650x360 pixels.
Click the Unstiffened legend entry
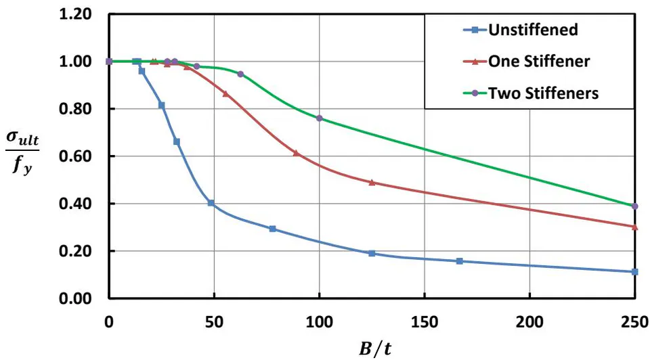point(520,29)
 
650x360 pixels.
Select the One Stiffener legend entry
point(526,62)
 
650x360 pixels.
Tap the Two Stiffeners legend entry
point(531,93)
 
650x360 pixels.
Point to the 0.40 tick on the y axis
point(75,204)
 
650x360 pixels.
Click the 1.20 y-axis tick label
point(75,14)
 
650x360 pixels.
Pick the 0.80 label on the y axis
point(75,109)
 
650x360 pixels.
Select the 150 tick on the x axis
point(425,322)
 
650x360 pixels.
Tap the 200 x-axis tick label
point(529,322)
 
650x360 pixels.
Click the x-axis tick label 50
point(214,322)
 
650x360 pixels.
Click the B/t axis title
point(374,348)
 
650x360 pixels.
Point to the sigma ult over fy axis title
point(22,152)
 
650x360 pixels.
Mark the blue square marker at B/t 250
point(634,272)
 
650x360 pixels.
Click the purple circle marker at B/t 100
point(319,118)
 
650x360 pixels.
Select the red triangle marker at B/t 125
point(372,182)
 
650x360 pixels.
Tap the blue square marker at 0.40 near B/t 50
point(211,203)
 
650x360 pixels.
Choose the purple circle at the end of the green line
point(634,206)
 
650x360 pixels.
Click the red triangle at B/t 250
point(634,227)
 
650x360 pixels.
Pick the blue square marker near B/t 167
point(459,261)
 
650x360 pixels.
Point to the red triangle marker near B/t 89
point(296,153)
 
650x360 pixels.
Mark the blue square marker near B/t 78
point(272,229)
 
